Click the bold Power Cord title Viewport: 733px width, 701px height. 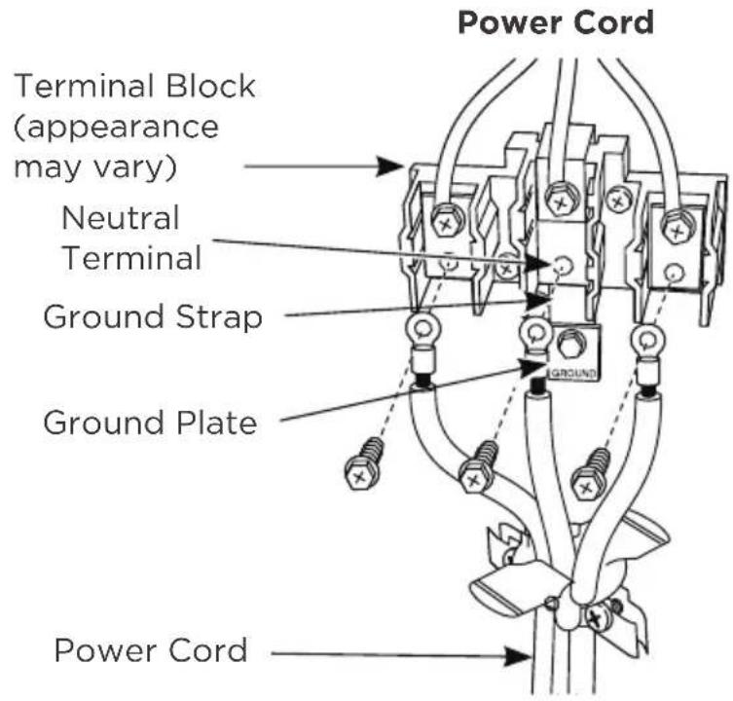coord(556,23)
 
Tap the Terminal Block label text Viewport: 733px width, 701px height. coord(135,127)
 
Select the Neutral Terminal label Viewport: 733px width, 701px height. coord(131,238)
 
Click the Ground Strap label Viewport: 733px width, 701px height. coord(153,317)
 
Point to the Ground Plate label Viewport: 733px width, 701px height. coord(150,423)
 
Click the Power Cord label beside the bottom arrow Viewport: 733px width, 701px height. coord(151,650)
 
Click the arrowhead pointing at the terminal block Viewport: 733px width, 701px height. coord(390,166)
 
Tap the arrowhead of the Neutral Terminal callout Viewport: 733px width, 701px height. coord(538,264)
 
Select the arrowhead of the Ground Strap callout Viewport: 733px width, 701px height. coord(538,302)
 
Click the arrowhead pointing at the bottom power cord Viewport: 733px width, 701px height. coord(519,655)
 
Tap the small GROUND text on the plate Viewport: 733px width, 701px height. coord(574,374)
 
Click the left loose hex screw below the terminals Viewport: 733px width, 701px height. coord(364,464)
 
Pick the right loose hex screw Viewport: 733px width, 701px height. coord(591,474)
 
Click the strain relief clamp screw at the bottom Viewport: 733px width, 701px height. coord(595,619)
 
